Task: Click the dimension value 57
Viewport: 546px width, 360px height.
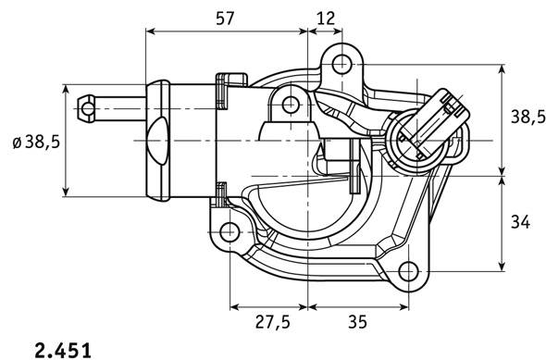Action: [x=225, y=19]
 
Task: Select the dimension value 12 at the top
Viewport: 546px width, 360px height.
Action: [x=326, y=19]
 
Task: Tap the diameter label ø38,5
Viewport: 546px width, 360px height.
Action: [x=36, y=142]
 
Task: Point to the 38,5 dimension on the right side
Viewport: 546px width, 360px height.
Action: [x=527, y=117]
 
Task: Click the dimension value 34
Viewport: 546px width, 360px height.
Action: [x=520, y=222]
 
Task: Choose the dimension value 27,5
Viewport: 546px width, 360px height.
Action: [x=273, y=322]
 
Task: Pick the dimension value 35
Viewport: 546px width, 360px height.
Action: [x=357, y=322]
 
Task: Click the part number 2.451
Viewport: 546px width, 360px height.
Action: [x=63, y=350]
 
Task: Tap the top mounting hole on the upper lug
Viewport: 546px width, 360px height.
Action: [x=341, y=64]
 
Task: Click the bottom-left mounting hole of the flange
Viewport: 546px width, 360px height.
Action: [x=230, y=232]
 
